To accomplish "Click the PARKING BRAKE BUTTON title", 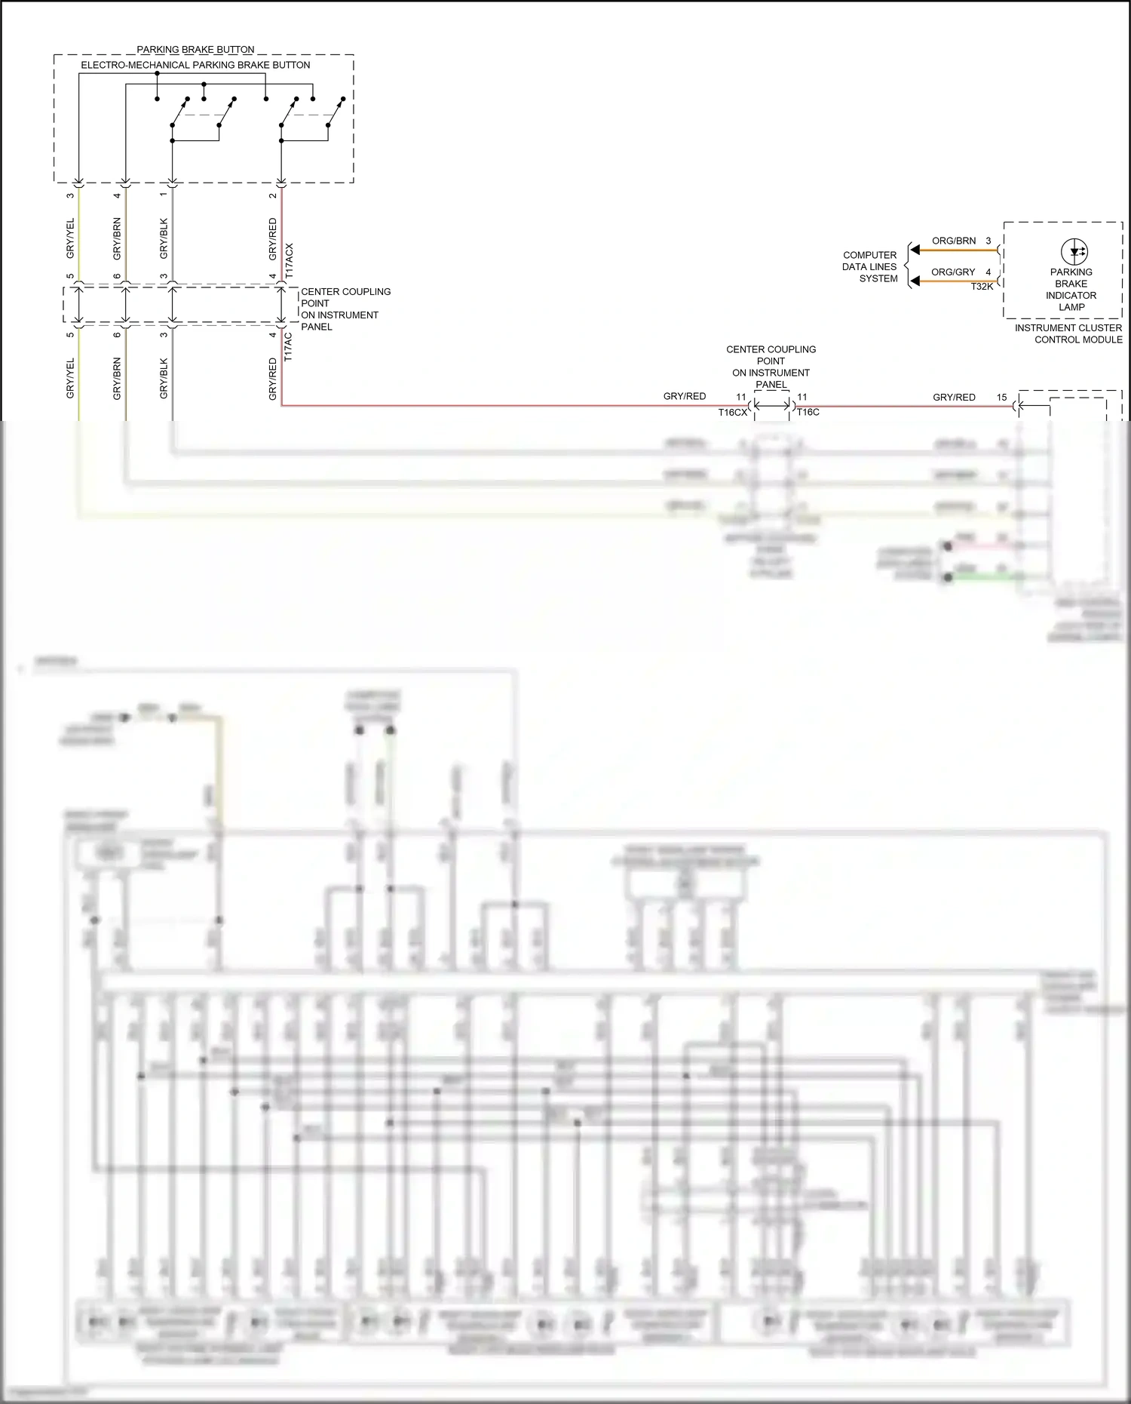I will point(195,50).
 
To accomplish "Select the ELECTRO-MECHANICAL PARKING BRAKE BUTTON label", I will point(195,65).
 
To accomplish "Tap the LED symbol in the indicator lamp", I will point(1074,251).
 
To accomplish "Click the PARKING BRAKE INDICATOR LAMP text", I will point(1071,290).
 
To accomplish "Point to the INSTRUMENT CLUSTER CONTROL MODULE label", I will point(1068,333).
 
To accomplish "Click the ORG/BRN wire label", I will point(953,241).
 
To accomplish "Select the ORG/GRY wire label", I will point(952,272).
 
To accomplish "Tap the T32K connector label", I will point(982,287).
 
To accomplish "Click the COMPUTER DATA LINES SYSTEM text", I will point(869,267).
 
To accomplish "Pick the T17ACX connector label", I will point(290,262).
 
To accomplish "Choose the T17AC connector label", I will point(288,348).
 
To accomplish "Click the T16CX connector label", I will point(732,413).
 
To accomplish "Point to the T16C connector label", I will point(808,413).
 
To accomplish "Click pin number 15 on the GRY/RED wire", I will point(1001,397).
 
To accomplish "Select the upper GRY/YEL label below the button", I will point(71,238).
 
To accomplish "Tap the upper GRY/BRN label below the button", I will point(117,238).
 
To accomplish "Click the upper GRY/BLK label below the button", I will point(164,238).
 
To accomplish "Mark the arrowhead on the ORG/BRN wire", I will point(915,250).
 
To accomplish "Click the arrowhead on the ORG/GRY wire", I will point(915,281).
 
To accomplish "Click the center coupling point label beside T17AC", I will point(345,309).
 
